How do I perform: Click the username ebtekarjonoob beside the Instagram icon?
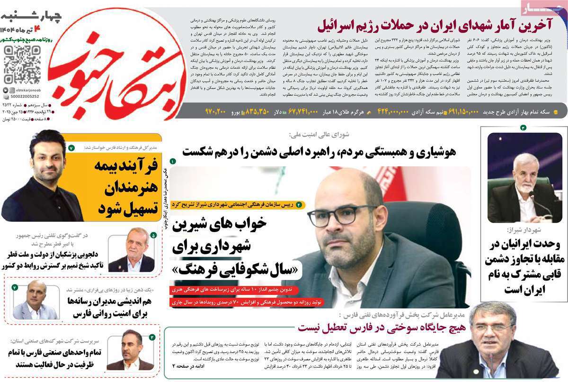click(x=24, y=90)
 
